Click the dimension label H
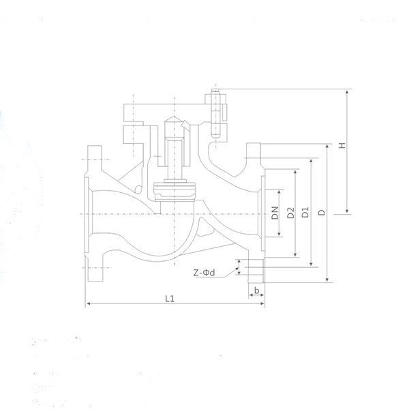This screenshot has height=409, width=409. point(342,145)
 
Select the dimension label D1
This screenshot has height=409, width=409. point(305,213)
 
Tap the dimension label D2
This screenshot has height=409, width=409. point(290,213)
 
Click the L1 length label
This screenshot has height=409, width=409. point(171,298)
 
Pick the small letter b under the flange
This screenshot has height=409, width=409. point(256,291)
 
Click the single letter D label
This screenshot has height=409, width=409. point(322,213)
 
